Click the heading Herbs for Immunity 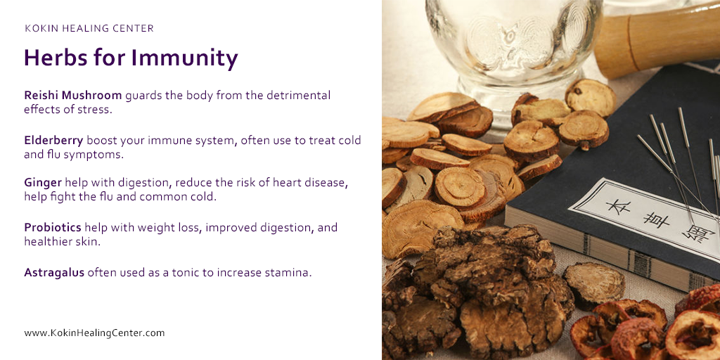coord(131,58)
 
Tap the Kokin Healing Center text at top coord(89,29)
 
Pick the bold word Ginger coord(43,183)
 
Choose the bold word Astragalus coord(54,271)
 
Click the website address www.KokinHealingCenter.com coord(94,333)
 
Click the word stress coord(95,110)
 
